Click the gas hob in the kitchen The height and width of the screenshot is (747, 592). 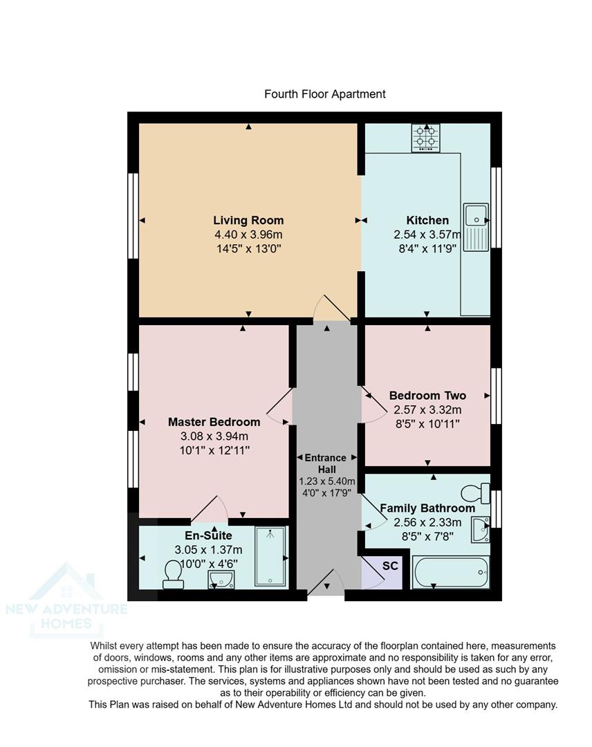(x=425, y=138)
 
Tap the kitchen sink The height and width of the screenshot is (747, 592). (x=477, y=227)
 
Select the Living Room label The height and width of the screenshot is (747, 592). (x=248, y=221)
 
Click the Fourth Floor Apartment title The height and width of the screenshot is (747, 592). (x=325, y=94)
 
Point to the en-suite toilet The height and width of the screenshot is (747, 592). (x=172, y=574)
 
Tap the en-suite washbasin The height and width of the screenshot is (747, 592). (x=221, y=580)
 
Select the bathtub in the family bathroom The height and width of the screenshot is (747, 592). (x=450, y=573)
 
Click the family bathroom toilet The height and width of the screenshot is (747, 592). (x=474, y=494)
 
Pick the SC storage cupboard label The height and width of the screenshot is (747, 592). (x=390, y=566)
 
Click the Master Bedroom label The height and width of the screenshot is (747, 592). (x=214, y=422)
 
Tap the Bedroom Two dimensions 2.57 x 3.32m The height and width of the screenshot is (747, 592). (x=427, y=409)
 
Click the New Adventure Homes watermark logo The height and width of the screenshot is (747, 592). (x=66, y=602)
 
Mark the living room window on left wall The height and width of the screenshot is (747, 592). (x=133, y=216)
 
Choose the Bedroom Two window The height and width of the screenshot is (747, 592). (x=495, y=396)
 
